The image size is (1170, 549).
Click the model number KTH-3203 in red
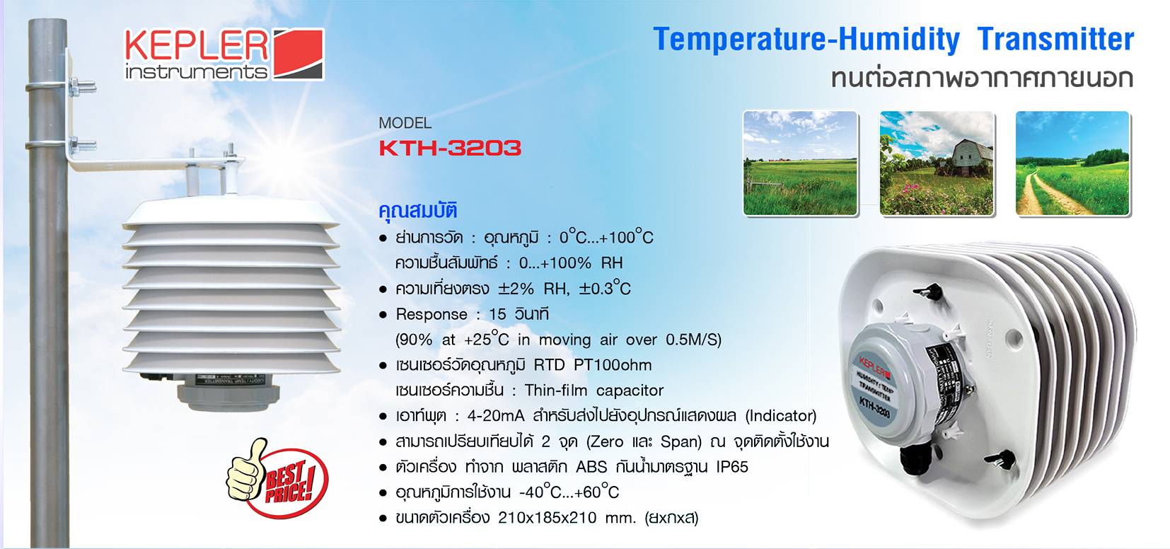pos(450,148)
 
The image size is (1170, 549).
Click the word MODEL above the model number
pos(405,123)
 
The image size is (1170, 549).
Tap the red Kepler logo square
pos(298,53)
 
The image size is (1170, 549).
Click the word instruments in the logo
pos(196,72)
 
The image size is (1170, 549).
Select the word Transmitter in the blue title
pos(1055,40)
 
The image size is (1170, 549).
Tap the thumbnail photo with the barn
pos(937,163)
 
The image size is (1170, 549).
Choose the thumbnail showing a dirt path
pos(1072,163)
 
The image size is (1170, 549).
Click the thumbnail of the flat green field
pos(800,163)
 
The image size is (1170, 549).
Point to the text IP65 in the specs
pos(731,467)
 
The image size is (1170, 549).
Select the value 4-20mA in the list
pos(495,416)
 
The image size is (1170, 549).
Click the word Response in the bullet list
pos(431,314)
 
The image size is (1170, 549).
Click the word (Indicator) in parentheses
pos(781,416)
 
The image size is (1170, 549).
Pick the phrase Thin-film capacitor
pos(594,391)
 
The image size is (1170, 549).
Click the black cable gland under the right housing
pos(917,463)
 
